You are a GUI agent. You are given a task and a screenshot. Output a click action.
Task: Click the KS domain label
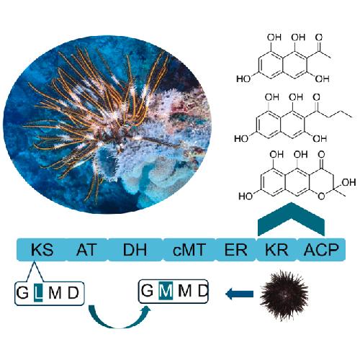[42, 250]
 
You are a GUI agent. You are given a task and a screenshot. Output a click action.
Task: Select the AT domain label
[86, 250]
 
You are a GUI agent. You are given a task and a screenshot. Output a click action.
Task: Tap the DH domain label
[135, 250]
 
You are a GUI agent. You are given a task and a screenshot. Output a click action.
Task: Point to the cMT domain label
[189, 250]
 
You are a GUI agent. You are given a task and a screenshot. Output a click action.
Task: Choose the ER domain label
[235, 250]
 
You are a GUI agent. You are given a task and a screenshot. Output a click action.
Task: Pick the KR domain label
[276, 250]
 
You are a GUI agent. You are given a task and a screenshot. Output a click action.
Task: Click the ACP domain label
[321, 250]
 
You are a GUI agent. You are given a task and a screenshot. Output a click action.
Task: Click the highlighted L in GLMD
[38, 292]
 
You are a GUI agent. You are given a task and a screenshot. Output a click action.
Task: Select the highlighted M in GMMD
[166, 291]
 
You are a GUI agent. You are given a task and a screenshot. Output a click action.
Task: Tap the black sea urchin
[284, 295]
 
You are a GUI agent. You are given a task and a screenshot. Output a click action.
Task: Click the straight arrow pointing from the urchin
[240, 294]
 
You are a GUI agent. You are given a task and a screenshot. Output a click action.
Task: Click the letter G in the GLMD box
[22, 293]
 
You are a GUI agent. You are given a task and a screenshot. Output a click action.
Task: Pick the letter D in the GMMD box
[203, 291]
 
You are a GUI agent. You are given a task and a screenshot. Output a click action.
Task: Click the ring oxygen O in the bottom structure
[321, 197]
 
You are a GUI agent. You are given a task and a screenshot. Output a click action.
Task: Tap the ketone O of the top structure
[319, 37]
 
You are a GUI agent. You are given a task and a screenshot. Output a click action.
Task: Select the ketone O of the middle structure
[317, 97]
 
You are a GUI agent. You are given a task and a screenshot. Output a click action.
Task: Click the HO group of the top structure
[243, 79]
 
